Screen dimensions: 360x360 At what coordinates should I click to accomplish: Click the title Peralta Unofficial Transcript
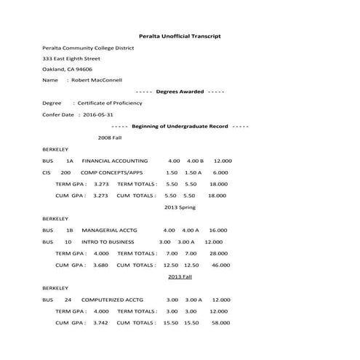(x=180, y=36)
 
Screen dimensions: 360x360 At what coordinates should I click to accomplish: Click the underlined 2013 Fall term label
(x=180, y=276)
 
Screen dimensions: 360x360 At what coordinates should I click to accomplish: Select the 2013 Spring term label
(x=180, y=207)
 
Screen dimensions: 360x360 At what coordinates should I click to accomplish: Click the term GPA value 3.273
(x=101, y=184)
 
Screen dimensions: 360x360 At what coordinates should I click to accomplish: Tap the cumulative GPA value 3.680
(x=101, y=265)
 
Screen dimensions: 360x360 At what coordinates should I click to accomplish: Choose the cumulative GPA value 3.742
(x=101, y=322)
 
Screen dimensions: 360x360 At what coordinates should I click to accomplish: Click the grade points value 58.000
(x=218, y=322)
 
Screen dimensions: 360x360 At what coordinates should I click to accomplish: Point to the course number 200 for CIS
(x=65, y=172)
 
